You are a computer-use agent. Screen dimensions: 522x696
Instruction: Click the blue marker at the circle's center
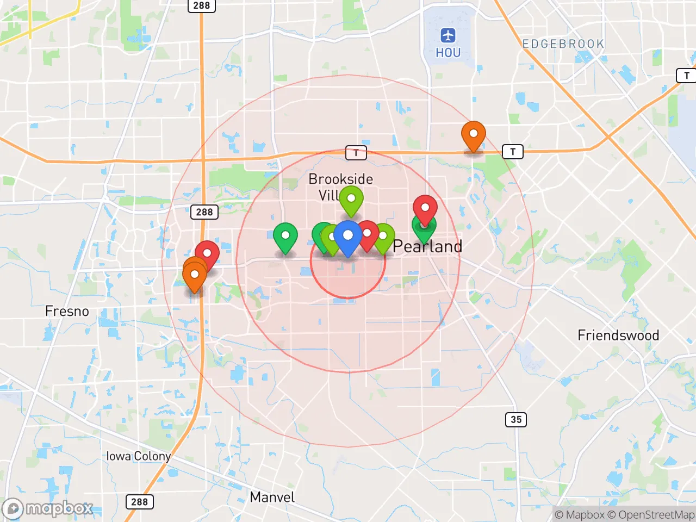click(x=348, y=237)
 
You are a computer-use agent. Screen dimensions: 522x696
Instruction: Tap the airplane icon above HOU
click(x=448, y=36)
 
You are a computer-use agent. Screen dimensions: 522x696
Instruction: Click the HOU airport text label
click(x=448, y=53)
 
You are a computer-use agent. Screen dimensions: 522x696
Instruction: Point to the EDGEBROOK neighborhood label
click(x=563, y=44)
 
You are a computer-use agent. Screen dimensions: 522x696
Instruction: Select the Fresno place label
click(x=67, y=312)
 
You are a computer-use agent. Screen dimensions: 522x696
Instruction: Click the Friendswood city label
click(x=618, y=335)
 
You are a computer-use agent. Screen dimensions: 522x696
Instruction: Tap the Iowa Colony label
click(x=138, y=456)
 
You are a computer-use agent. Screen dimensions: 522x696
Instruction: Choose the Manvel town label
click(x=272, y=497)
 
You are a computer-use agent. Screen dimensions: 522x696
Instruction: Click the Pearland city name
click(x=427, y=246)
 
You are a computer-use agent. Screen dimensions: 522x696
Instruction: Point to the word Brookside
click(x=341, y=179)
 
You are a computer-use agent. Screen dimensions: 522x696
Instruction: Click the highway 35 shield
click(x=516, y=419)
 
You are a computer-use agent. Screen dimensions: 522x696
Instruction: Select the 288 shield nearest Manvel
click(x=139, y=502)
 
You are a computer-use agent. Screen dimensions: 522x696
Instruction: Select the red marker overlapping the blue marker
click(x=368, y=234)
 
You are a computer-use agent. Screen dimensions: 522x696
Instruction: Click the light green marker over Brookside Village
click(x=351, y=199)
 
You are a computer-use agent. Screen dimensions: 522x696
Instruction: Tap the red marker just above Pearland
click(x=425, y=208)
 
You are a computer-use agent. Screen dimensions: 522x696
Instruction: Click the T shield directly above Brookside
click(x=356, y=153)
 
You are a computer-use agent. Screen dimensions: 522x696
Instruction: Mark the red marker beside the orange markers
click(x=207, y=254)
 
